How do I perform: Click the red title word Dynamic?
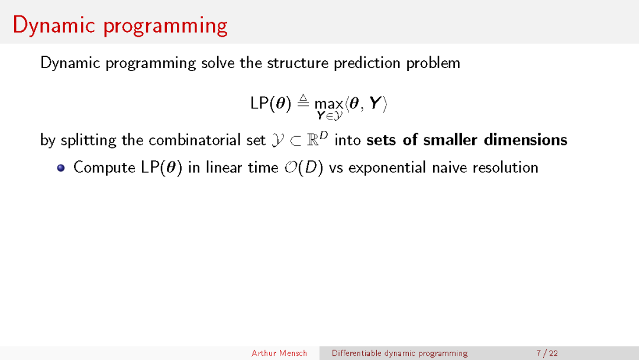click(x=54, y=25)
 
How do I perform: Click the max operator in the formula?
click(x=328, y=104)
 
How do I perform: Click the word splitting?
click(x=89, y=140)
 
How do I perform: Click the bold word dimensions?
click(x=525, y=140)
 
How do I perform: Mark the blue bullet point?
click(x=61, y=168)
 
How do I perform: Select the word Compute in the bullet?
click(x=105, y=168)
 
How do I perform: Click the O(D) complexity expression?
click(x=304, y=168)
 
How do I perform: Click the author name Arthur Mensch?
click(x=279, y=353)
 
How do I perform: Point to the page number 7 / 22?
click(x=547, y=353)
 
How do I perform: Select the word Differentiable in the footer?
click(x=356, y=353)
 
